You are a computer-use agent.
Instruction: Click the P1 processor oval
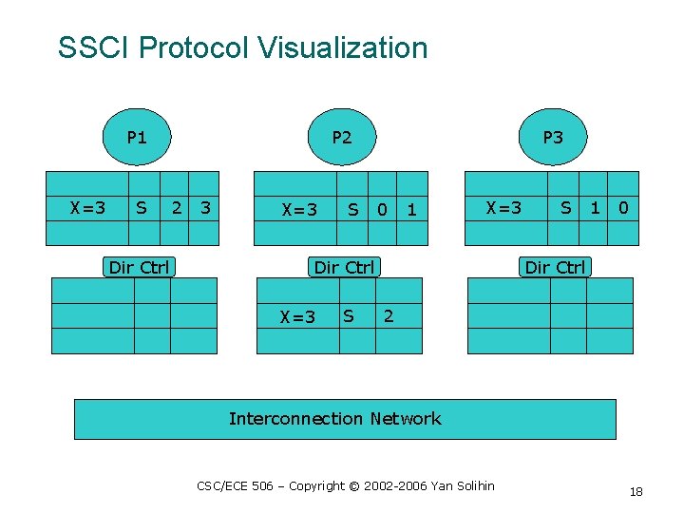pos(137,137)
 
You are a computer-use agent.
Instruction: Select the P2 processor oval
pos(341,137)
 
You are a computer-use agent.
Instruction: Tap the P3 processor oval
pos(552,137)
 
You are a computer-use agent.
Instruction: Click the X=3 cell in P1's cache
pos(88,206)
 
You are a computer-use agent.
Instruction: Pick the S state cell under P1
pos(142,206)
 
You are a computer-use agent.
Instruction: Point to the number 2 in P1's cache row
pos(175,206)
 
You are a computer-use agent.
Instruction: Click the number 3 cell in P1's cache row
pos(204,206)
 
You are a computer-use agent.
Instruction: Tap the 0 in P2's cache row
pos(382,209)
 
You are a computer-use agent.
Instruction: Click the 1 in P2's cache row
pos(411,209)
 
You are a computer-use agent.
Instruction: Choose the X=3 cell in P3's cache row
pos(503,206)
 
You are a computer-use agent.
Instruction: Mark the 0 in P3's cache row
pos(622,206)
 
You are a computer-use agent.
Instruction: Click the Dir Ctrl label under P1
pos(139,267)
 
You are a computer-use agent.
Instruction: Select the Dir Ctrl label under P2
pos(344,267)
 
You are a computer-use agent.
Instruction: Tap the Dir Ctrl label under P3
pos(555,267)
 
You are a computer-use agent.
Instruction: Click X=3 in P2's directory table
pos(297,316)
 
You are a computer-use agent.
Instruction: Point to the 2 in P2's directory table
pos(389,315)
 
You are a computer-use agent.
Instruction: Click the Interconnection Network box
pos(345,419)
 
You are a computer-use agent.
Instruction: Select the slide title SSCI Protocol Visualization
pos(242,47)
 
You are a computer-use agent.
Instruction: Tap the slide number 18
pos(636,491)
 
